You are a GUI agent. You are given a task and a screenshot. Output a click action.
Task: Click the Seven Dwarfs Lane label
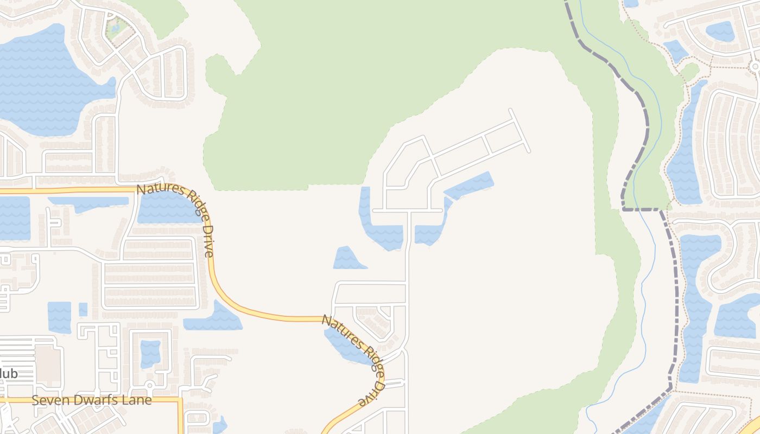click(91, 400)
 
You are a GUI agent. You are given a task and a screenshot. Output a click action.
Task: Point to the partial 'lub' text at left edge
click(9, 374)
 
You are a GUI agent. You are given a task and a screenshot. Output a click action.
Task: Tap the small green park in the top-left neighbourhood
click(116, 25)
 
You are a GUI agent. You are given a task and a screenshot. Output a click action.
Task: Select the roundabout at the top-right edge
click(755, 66)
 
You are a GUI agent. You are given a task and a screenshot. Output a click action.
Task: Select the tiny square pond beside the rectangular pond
click(83, 309)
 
